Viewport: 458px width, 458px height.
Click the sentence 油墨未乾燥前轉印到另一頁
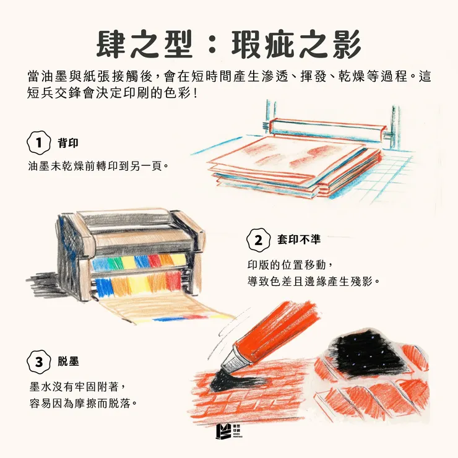pyautogui.click(x=98, y=166)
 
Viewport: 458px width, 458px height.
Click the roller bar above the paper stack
pyautogui.click(x=328, y=127)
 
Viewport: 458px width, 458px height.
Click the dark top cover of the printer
pyautogui.click(x=130, y=220)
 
